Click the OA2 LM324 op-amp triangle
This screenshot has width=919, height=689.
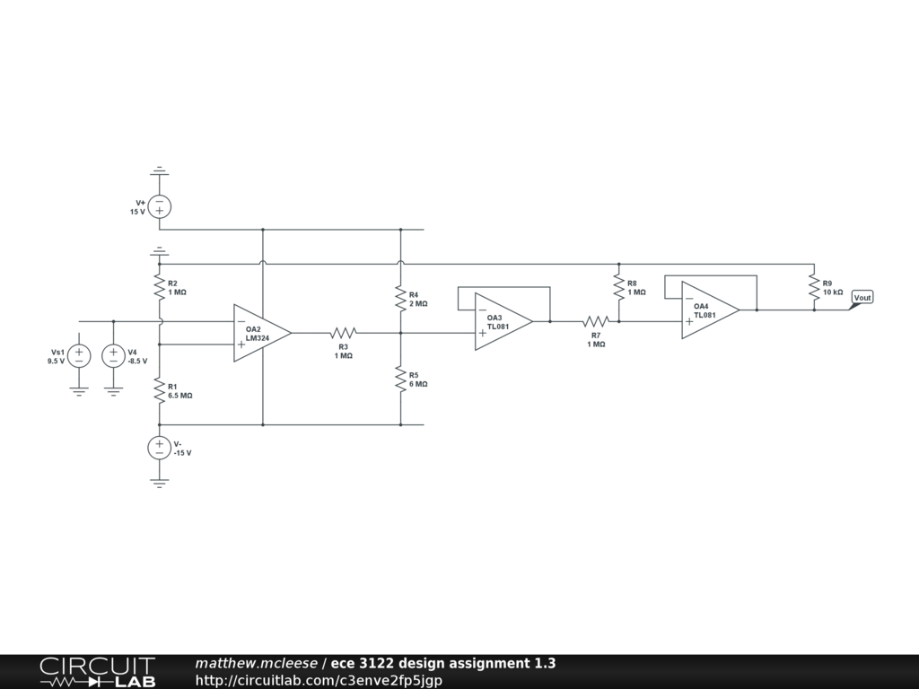260,333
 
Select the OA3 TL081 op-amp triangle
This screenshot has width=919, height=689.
502,321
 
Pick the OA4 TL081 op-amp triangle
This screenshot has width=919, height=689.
708,310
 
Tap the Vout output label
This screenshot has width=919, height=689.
862,298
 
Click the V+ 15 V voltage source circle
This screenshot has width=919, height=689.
159,207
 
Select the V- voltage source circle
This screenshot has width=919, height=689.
159,448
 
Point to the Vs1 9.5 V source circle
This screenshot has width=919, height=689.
79,356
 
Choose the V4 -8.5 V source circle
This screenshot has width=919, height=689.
114,356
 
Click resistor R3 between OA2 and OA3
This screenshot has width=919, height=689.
344,333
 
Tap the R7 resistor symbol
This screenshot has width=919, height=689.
596,321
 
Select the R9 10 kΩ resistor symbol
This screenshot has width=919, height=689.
814,288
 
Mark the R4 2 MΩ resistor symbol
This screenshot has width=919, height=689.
400,300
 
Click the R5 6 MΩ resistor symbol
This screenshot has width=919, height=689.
400,379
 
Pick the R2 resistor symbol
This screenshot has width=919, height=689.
159,288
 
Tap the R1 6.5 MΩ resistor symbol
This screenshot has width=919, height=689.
159,390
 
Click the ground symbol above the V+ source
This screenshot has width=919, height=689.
159,170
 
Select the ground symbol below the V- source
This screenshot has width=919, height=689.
159,482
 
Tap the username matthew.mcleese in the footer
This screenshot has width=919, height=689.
256,664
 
